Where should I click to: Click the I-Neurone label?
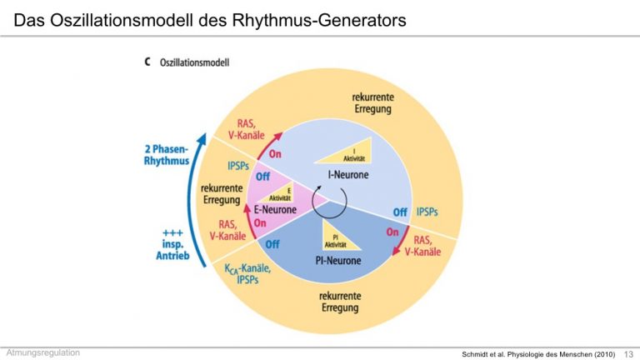tap(348, 175)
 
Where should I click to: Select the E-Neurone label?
tap(275, 210)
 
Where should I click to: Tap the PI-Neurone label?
tap(338, 260)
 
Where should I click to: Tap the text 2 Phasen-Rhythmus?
tap(167, 155)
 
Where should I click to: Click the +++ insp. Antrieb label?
tap(172, 244)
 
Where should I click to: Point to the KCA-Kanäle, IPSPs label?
tap(247, 273)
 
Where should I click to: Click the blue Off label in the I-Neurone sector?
tap(400, 212)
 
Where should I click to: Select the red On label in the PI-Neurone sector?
tap(392, 232)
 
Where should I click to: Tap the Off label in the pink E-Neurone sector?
tap(262, 177)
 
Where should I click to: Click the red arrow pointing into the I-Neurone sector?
tap(268, 144)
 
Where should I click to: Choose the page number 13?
tap(628, 354)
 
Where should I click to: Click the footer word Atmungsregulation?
tap(42, 352)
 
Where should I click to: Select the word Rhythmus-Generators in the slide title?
tap(319, 20)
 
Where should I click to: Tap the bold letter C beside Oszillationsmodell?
tap(147, 62)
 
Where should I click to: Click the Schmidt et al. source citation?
tap(538, 354)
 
